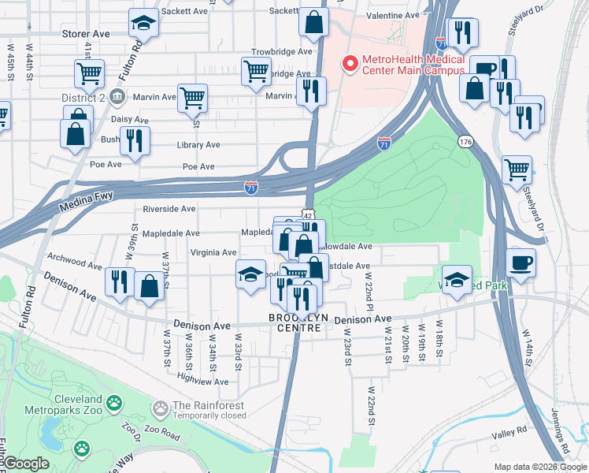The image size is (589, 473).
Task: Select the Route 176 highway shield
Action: point(464,140)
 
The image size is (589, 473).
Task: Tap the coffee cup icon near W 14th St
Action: point(521,263)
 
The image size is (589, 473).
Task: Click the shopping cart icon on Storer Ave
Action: point(89,74)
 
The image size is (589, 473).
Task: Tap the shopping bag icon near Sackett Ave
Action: point(313,24)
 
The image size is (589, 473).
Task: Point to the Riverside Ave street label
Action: point(169,209)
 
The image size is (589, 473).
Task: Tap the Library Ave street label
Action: point(201,145)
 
